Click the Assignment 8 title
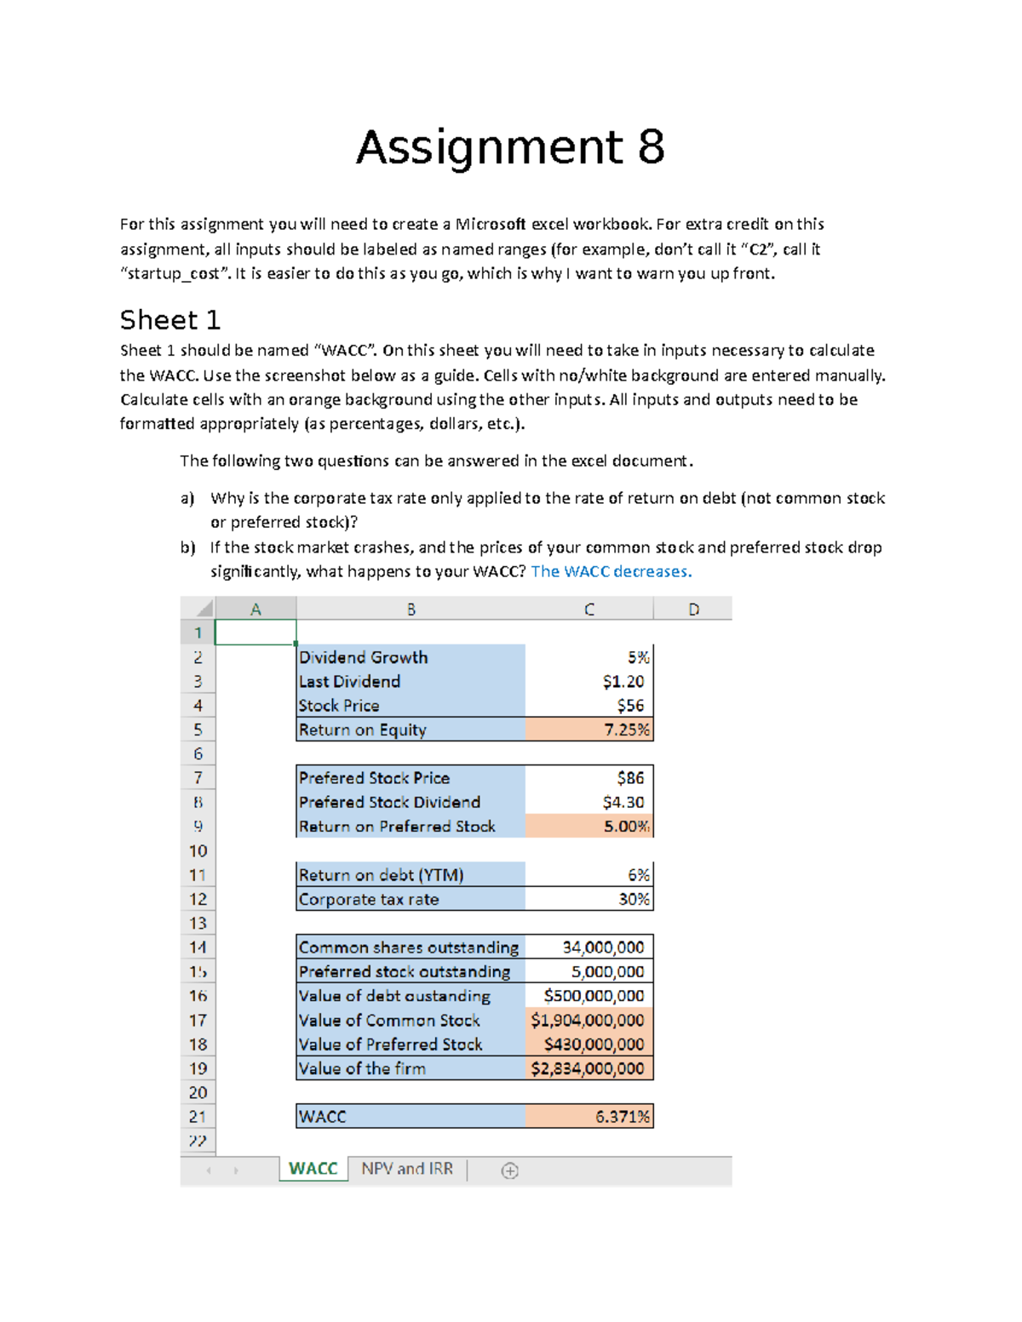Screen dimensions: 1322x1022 click(x=510, y=147)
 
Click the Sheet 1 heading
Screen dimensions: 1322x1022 click(x=170, y=321)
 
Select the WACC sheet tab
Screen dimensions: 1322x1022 click(x=313, y=1169)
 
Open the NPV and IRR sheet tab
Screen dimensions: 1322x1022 click(x=407, y=1169)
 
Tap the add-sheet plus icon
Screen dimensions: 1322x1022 click(x=510, y=1171)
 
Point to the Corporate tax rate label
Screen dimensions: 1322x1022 click(x=369, y=900)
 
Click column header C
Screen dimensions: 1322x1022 click(x=589, y=609)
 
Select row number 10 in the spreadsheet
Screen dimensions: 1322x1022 click(x=198, y=851)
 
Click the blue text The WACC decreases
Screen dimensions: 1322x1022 click(x=611, y=572)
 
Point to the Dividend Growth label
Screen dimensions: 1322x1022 click(x=364, y=658)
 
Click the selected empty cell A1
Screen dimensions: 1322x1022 click(x=255, y=632)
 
